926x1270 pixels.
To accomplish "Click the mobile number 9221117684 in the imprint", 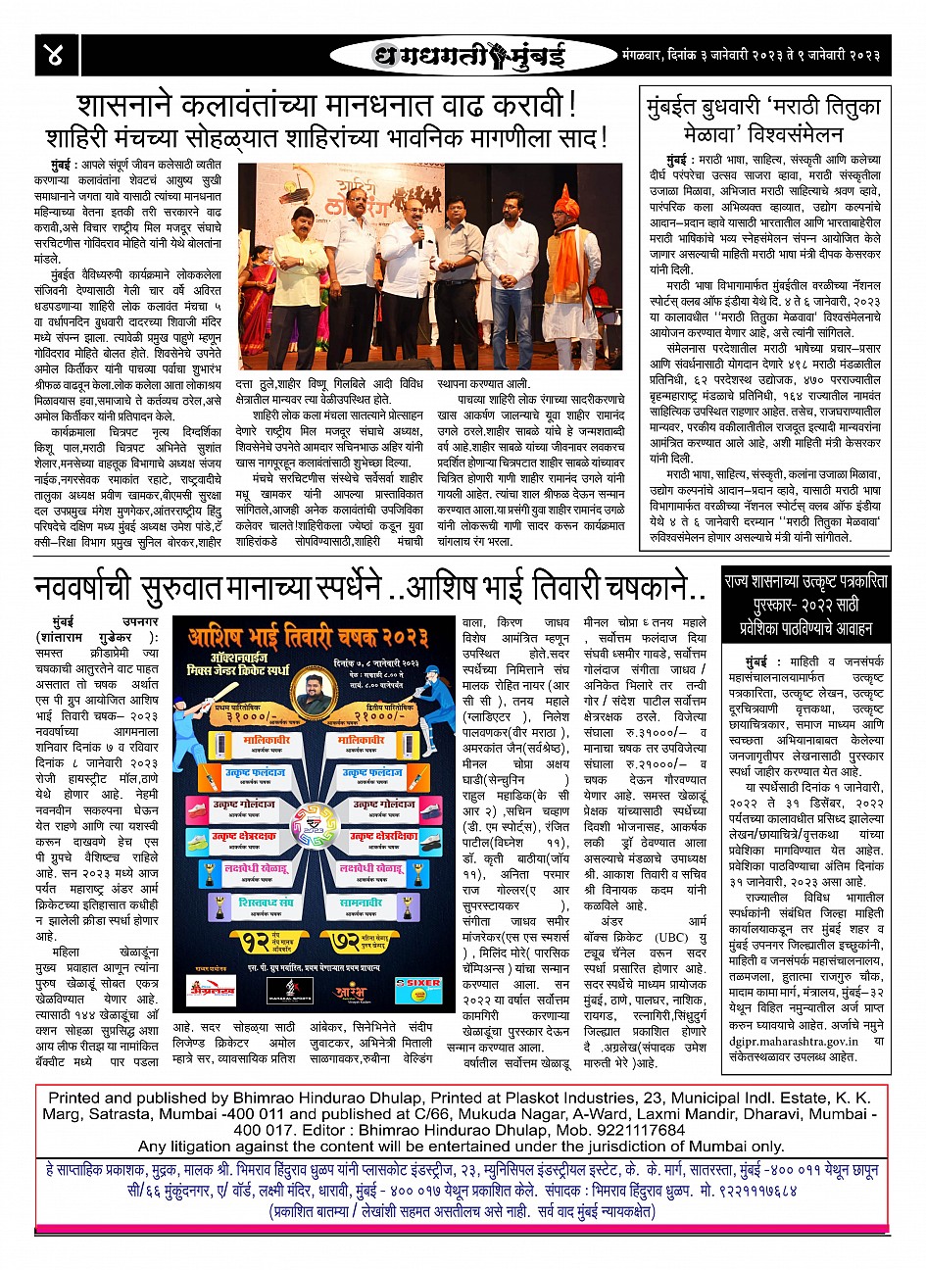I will coord(636,1130).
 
